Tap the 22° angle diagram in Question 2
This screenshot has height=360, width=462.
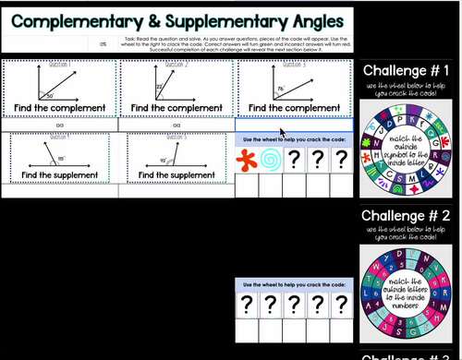(x=170, y=85)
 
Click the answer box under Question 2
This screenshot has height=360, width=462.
(x=176, y=125)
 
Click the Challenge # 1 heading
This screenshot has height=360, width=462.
(x=406, y=71)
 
